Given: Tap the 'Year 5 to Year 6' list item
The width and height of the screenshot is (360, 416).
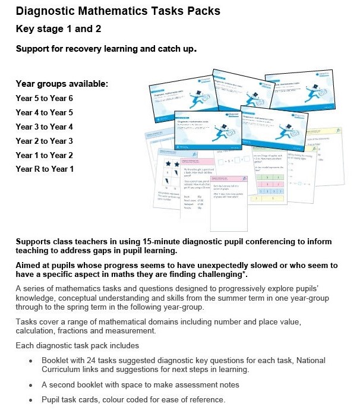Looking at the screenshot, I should (45, 98).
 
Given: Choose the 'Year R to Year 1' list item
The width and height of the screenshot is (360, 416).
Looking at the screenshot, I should (45, 169).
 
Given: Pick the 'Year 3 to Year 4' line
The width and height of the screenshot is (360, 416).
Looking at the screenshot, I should (45, 127).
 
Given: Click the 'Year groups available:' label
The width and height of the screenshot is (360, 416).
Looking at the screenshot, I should (62, 84).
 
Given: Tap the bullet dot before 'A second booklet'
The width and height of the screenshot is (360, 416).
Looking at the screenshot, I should (31, 385).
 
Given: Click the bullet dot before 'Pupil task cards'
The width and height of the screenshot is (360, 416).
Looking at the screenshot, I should (31, 400).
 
